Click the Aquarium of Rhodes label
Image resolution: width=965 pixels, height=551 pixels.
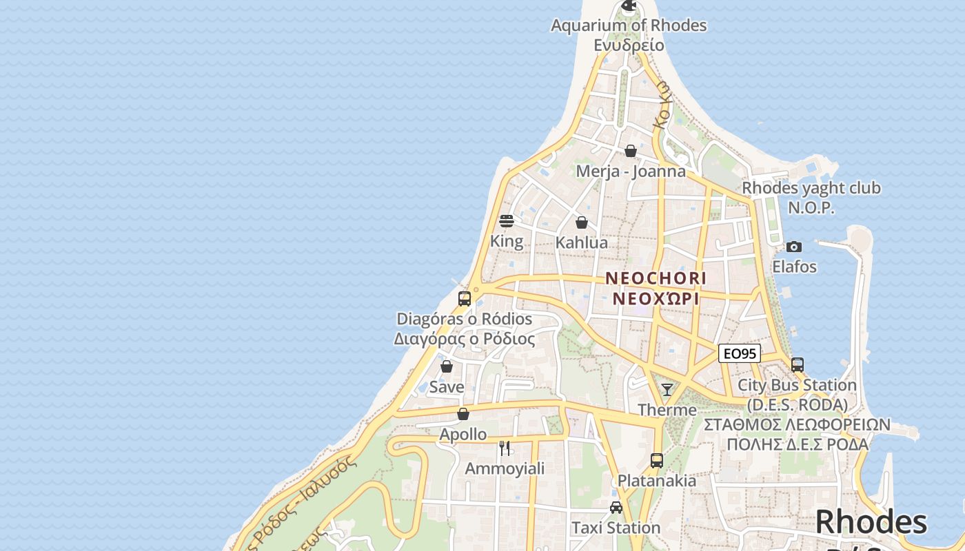click(x=629, y=25)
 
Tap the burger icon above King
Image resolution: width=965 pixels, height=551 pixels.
click(x=507, y=221)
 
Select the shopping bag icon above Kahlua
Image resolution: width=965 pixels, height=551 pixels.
click(x=582, y=222)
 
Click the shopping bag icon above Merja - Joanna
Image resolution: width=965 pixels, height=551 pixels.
click(x=631, y=151)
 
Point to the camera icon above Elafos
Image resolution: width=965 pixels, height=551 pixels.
click(x=794, y=247)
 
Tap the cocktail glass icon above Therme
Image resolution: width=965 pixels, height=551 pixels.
click(x=667, y=390)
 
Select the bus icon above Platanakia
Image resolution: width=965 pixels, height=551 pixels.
click(x=657, y=460)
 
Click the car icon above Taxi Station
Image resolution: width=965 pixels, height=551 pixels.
click(x=616, y=508)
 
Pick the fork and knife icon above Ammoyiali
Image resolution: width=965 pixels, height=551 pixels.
click(x=505, y=448)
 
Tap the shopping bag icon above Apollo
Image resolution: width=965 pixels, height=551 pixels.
click(x=463, y=414)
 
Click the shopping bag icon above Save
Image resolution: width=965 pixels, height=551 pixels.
click(x=447, y=366)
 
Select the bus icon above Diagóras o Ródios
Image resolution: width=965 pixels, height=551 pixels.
click(x=465, y=299)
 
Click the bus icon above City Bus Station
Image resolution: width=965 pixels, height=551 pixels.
click(x=798, y=364)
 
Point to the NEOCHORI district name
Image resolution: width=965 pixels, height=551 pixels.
click(x=656, y=278)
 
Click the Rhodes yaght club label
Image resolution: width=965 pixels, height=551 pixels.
click(x=811, y=188)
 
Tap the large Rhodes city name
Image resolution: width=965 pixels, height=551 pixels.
click(x=871, y=521)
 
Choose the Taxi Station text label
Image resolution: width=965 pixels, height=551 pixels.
click(x=616, y=528)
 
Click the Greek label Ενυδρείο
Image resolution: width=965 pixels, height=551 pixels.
click(x=629, y=45)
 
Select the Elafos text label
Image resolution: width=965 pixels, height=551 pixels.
click(x=794, y=267)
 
